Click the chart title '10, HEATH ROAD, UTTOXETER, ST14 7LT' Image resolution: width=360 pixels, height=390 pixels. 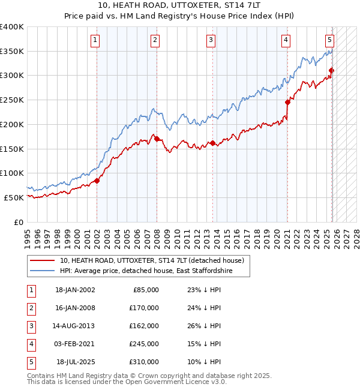pyautogui.click(x=180, y=5)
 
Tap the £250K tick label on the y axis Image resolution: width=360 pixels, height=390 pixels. pyautogui.click(x=12, y=100)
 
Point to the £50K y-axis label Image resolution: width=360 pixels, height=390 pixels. pyautogui.click(x=14, y=197)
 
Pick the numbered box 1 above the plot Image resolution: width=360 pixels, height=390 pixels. pyautogui.click(x=96, y=40)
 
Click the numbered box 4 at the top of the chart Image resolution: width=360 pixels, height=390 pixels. pyautogui.click(x=286, y=40)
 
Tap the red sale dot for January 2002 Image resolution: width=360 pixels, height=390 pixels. pyautogui.click(x=97, y=181)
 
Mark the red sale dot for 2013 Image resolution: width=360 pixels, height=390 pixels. pyautogui.click(x=212, y=143)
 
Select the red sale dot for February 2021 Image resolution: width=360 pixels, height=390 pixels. pyautogui.click(x=287, y=102)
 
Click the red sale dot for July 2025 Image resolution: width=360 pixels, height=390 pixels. pyautogui.click(x=331, y=70)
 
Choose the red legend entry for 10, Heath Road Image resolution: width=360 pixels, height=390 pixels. pyautogui.click(x=151, y=260)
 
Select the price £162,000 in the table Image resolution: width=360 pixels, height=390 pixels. pyautogui.click(x=144, y=326)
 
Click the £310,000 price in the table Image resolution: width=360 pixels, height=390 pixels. pyautogui.click(x=144, y=362)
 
